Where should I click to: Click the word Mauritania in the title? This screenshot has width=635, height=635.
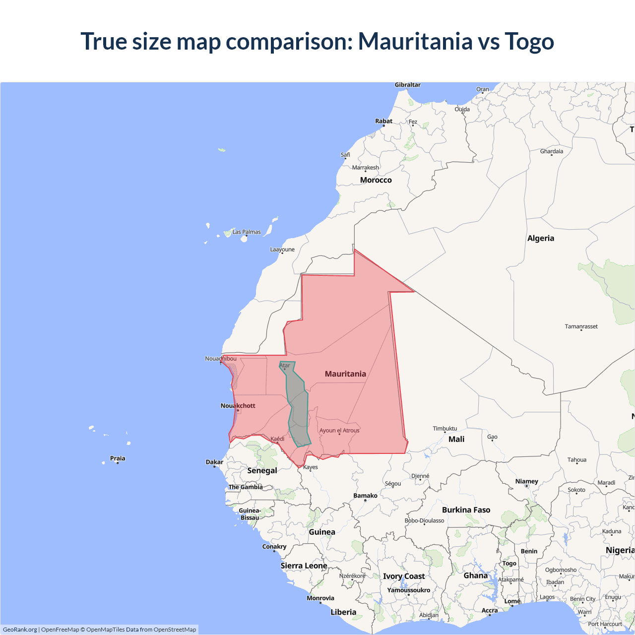(x=415, y=41)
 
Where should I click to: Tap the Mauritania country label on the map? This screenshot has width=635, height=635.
(x=345, y=374)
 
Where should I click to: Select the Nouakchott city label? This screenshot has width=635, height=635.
(x=238, y=406)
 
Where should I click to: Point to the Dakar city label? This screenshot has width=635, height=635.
(x=214, y=462)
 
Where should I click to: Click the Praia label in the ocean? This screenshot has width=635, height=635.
(x=118, y=458)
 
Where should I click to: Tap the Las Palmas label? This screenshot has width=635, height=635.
(x=247, y=232)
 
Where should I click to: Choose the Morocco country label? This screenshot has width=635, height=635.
(x=376, y=180)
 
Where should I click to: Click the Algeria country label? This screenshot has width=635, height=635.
(x=541, y=238)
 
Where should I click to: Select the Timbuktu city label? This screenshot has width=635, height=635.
(x=444, y=429)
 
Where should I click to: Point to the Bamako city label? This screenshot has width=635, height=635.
(x=365, y=496)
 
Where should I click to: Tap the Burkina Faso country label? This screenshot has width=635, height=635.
(x=466, y=510)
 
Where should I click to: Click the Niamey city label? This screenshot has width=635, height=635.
(x=526, y=481)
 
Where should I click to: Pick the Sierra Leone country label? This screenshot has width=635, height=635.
(x=304, y=566)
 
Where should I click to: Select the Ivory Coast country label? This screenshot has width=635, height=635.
(x=404, y=576)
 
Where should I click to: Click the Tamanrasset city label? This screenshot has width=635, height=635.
(x=581, y=326)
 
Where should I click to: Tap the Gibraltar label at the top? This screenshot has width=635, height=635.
(x=407, y=85)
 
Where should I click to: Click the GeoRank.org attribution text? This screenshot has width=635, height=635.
(x=20, y=630)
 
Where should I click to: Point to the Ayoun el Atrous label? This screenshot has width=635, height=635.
(x=339, y=431)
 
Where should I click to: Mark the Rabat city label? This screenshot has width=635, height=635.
(x=383, y=121)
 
